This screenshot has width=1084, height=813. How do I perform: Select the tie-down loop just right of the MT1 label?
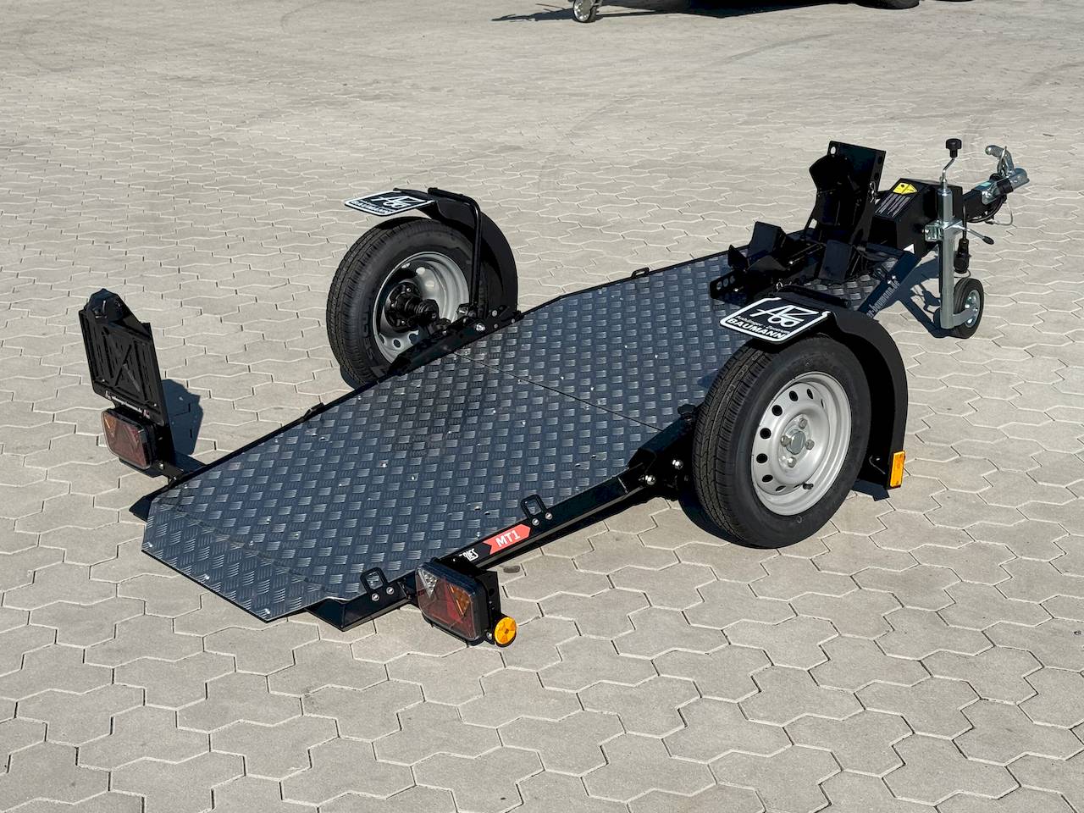click(533, 508)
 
